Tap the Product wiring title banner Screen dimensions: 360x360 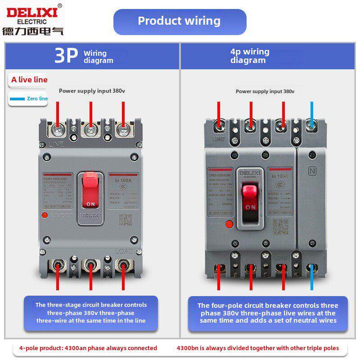[x=180, y=21]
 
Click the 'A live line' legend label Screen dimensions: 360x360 [x=29, y=80]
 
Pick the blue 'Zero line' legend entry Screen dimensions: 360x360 [x=29, y=99]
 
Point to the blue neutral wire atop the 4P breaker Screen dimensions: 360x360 [x=313, y=113]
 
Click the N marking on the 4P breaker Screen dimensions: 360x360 [x=312, y=171]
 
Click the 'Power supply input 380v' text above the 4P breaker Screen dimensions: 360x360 [x=265, y=91]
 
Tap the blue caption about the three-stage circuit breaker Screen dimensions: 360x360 [x=91, y=313]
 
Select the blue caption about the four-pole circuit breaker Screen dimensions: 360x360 [x=268, y=313]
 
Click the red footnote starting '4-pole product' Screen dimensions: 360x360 [x=88, y=348]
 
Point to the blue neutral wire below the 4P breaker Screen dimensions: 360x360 [x=313, y=279]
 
